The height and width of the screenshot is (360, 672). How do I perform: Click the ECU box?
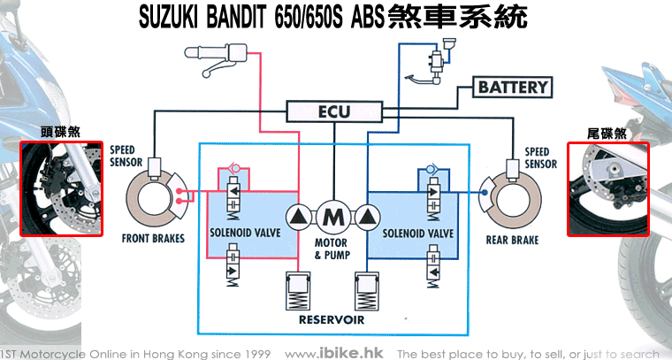(x=333, y=112)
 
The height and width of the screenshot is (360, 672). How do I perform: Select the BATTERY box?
(x=514, y=88)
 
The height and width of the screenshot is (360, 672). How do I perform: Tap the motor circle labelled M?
(x=333, y=216)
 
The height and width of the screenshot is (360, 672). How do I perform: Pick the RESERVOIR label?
(x=332, y=318)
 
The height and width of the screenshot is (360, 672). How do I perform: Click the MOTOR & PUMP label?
(x=332, y=249)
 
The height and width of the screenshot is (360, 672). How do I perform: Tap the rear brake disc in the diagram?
(x=510, y=198)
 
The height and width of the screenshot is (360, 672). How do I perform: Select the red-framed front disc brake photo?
(x=60, y=189)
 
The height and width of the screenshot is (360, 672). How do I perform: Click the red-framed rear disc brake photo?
(x=607, y=189)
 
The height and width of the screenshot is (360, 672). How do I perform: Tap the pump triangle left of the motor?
(x=299, y=216)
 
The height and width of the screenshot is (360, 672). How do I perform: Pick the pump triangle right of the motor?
(x=367, y=216)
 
